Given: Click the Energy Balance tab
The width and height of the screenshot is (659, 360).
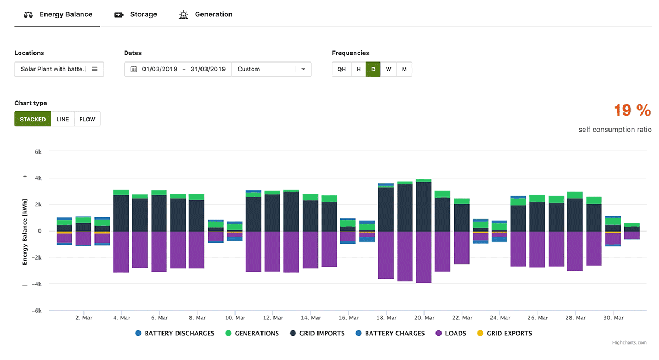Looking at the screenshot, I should pos(58,14).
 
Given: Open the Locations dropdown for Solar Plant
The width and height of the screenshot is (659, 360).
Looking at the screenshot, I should pos(59,69).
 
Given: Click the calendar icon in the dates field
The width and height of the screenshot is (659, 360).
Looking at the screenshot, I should pos(133,69).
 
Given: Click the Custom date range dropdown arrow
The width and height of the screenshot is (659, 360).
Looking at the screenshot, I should pos(303,69).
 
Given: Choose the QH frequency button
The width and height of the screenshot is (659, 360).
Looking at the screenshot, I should pos(342,69).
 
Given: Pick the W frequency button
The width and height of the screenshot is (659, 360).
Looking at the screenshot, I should pos(388,69).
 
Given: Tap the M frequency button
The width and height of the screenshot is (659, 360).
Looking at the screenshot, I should pos(404,69).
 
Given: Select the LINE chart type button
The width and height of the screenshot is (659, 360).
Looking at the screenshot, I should pos(63,119).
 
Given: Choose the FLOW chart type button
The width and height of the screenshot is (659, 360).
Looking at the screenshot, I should pos(87,119).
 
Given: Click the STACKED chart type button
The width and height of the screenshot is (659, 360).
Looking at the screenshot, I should pos(33,119).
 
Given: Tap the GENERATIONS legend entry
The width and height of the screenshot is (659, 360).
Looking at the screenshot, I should pos(252,333).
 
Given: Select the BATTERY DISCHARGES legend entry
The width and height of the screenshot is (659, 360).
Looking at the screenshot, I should pos(175,333).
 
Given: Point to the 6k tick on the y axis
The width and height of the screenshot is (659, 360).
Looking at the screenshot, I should pos(38,151).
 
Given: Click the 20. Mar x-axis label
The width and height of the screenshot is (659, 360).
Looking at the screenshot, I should pos(424,318).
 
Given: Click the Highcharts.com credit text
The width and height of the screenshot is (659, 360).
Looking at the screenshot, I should pos(629,342).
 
